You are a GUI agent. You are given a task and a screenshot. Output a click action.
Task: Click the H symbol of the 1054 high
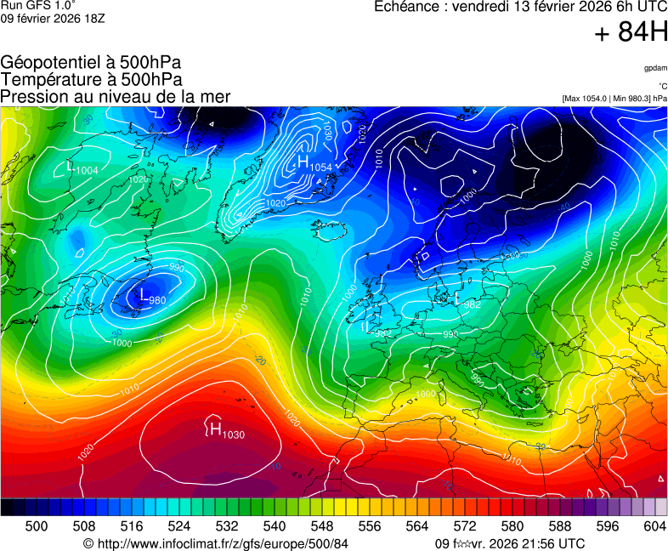[302, 162]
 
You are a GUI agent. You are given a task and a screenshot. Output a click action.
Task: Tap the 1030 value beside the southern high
[234, 435]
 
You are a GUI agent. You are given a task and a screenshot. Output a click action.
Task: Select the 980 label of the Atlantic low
[157, 300]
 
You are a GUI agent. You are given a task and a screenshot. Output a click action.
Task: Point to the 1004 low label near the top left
[87, 171]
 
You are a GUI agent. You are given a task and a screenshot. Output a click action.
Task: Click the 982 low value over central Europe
[473, 304]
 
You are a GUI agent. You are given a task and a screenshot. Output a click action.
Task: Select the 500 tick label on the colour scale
[37, 527]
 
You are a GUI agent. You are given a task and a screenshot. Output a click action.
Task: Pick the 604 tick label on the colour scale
[654, 527]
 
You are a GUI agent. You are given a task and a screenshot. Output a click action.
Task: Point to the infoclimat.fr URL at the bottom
[216, 543]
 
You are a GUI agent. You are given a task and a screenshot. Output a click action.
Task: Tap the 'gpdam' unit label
[655, 67]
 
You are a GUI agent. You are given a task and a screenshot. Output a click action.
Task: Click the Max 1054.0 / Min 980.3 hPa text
[614, 99]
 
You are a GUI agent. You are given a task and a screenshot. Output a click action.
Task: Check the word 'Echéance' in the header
[406, 7]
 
